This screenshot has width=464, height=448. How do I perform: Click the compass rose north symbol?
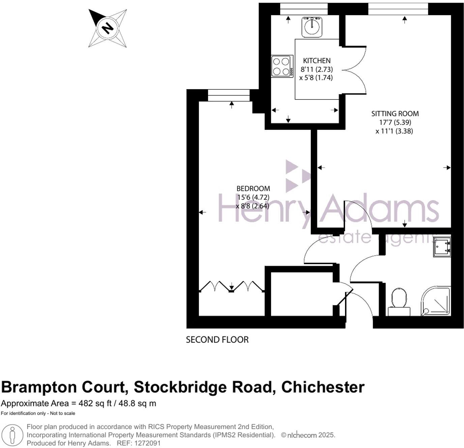pyautogui.click(x=108, y=28)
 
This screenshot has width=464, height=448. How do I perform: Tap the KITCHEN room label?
pyautogui.click(x=317, y=61)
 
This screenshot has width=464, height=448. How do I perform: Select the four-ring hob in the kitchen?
pyautogui.click(x=282, y=66)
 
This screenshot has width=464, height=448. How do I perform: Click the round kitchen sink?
pyautogui.click(x=312, y=27)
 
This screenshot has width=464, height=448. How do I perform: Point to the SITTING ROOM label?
pyautogui.click(x=395, y=114)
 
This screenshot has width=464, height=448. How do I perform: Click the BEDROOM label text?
pyautogui.click(x=253, y=189)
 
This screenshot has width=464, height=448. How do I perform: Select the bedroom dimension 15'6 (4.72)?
pyautogui.click(x=253, y=197)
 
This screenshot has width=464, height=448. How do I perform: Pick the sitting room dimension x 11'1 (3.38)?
pyautogui.click(x=394, y=131)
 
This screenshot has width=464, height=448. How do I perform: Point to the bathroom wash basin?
pyautogui.click(x=442, y=247)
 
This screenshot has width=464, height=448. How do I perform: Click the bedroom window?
pyautogui.click(x=229, y=95)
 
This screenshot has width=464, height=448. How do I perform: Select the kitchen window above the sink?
pyautogui.click(x=304, y=9)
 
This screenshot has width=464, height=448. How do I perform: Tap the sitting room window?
pyautogui.click(x=398, y=9)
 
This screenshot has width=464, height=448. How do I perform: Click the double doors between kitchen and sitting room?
pyautogui.click(x=355, y=70)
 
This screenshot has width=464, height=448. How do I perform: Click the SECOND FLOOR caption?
pyautogui.click(x=217, y=340)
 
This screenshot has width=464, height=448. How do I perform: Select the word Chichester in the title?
pyautogui.click(x=323, y=387)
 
